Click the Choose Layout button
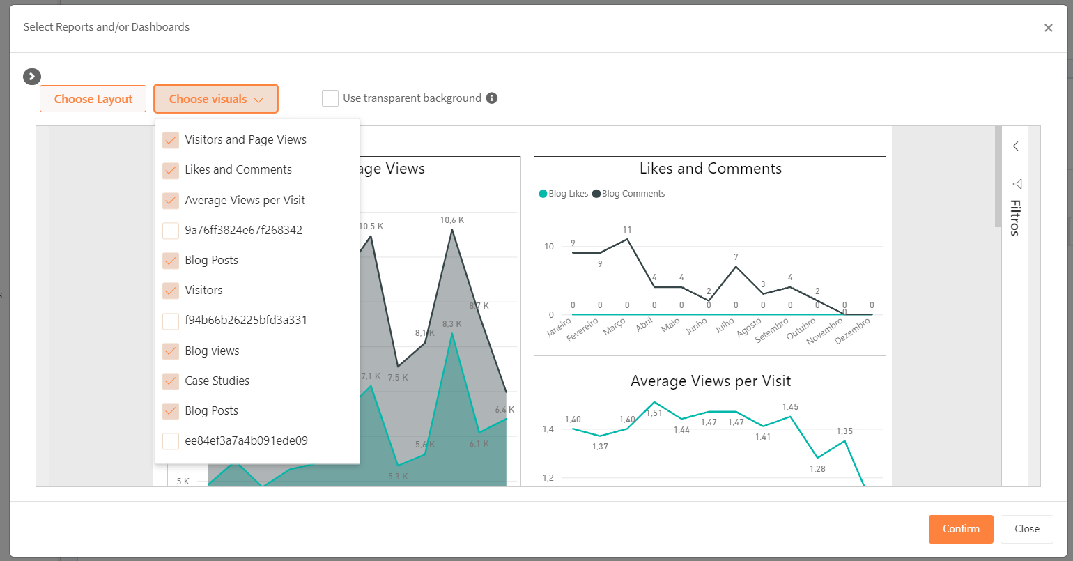[93, 99]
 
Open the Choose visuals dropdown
[216, 99]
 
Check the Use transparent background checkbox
[330, 98]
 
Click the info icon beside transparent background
[492, 98]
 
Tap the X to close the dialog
[1048, 28]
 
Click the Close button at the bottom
[1026, 529]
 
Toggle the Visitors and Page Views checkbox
[171, 140]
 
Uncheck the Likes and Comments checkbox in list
[171, 170]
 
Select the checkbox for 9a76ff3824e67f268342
[171, 230]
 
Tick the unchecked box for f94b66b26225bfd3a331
[171, 321]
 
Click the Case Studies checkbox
[171, 381]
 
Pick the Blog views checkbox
[171, 351]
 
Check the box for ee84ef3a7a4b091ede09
[171, 441]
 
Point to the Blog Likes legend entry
[564, 194]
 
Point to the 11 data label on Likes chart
[627, 230]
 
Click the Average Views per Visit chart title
[710, 381]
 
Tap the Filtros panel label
[1015, 217]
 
